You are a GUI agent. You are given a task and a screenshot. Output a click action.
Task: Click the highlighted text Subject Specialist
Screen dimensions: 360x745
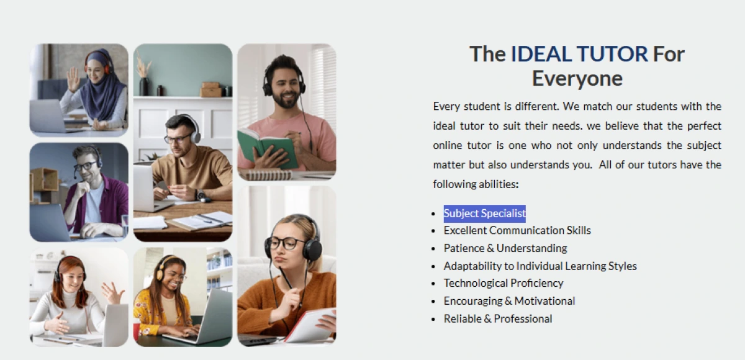[484, 214]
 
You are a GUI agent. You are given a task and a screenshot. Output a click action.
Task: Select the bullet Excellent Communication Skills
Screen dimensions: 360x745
[517, 230]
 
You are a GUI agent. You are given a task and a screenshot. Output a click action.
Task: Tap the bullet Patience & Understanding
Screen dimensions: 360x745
[505, 248]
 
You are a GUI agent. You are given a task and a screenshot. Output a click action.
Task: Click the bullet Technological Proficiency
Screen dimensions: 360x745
[503, 283]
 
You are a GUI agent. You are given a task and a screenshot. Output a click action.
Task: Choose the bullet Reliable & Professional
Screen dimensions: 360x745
[498, 318]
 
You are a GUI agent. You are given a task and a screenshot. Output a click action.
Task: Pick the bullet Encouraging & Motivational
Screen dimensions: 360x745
[509, 301]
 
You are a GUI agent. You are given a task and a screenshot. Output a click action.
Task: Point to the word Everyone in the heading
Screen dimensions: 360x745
[577, 79]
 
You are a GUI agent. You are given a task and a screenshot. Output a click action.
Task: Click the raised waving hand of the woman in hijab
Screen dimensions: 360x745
[73, 79]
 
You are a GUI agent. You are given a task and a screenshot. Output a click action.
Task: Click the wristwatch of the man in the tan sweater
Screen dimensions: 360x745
[200, 195]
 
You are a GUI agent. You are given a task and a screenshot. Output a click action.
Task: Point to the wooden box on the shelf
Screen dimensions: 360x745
[210, 89]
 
